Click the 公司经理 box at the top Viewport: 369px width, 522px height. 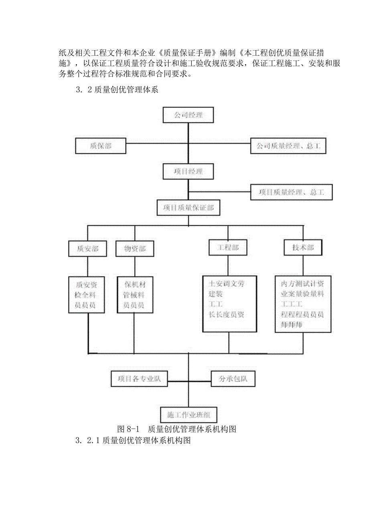coord(188,115)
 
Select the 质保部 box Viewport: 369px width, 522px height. coord(101,146)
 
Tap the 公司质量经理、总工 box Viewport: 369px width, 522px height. coord(288,146)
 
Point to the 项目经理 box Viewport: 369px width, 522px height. coord(188,171)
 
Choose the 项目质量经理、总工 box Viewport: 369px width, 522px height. coord(291,192)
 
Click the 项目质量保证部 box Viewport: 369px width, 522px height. coord(188,208)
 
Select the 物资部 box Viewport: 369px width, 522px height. coord(134,249)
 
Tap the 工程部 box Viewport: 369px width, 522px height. coord(228,247)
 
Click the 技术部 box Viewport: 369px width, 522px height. coord(303,247)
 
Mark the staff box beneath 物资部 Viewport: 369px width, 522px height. coord(134,295)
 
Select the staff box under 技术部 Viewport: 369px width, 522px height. coord(303,304)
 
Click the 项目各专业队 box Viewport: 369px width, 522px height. coord(139,379)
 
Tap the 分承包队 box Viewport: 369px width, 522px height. coord(233,379)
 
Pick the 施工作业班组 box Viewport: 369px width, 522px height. coord(188,414)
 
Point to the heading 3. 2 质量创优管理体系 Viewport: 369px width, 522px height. coord(117,89)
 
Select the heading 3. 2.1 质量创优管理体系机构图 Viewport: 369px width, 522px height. coord(132,441)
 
